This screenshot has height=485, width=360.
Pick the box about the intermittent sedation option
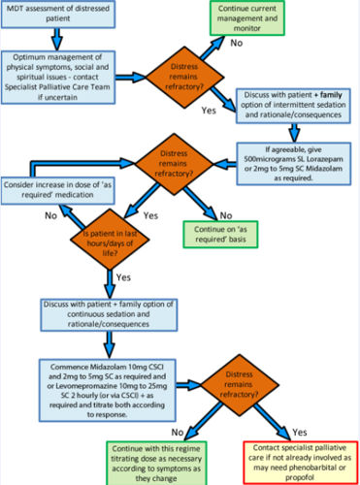291,105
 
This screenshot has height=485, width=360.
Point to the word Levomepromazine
86,387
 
